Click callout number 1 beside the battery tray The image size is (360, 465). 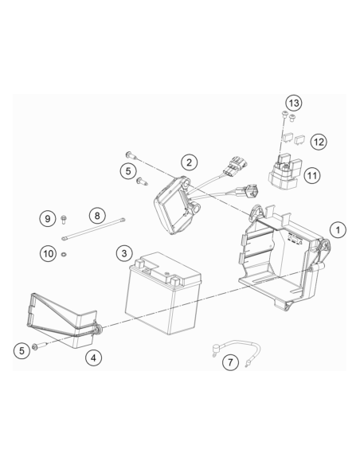tap(338, 230)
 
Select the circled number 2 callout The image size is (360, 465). tap(189, 162)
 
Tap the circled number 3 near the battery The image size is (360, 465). tap(124, 253)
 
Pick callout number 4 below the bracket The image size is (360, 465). tap(93, 358)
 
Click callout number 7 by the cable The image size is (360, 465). tap(230, 361)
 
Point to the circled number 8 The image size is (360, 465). tap(97, 216)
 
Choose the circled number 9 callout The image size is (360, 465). tap(48, 219)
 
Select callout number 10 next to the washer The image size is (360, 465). tap(48, 254)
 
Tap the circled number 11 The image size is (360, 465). tap(312, 175)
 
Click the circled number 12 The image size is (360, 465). tap(319, 142)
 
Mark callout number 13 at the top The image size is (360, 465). tap(294, 104)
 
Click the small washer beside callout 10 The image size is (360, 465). tap(64, 255)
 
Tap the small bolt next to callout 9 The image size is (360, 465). tap(63, 220)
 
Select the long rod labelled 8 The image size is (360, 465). tap(93, 229)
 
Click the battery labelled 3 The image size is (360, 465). tap(163, 293)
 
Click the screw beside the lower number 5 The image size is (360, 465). tap(39, 346)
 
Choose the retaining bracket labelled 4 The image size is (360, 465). tap(66, 320)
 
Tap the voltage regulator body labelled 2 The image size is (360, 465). tap(175, 205)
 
